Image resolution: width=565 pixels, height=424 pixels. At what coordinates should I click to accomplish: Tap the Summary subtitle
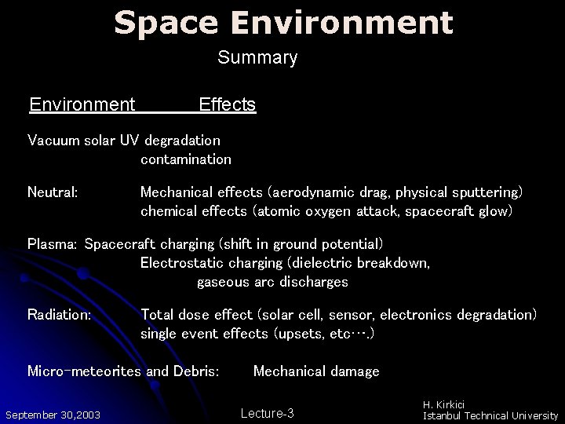257,57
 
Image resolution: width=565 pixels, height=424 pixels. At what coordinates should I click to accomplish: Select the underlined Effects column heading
228,104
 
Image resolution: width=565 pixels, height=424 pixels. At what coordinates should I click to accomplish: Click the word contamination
186,159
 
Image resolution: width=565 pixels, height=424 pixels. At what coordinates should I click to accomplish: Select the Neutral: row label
52,192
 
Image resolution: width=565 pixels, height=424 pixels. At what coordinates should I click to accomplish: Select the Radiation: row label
59,315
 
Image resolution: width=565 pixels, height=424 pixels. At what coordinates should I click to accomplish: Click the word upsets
295,334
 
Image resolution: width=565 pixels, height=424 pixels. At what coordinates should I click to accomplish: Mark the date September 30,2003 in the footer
52,415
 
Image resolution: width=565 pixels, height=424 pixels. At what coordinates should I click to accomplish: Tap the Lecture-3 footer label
267,413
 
